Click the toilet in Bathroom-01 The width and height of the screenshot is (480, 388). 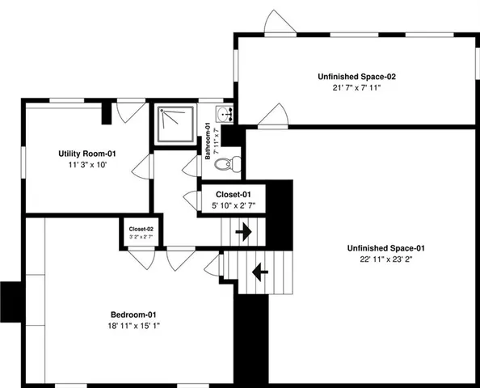pyautogui.click(x=230, y=162)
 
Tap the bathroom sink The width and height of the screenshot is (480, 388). pyautogui.click(x=225, y=114)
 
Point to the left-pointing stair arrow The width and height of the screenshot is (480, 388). pyautogui.click(x=260, y=272)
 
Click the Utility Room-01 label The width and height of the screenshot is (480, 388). pyautogui.click(x=87, y=153)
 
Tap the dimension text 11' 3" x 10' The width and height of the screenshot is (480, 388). pyautogui.click(x=87, y=164)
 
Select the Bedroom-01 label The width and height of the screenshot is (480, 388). pyautogui.click(x=133, y=314)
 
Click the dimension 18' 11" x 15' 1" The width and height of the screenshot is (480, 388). pyautogui.click(x=133, y=326)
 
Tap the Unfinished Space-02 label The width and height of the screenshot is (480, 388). pyautogui.click(x=356, y=76)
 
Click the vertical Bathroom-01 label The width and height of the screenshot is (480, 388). pyautogui.click(x=208, y=141)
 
